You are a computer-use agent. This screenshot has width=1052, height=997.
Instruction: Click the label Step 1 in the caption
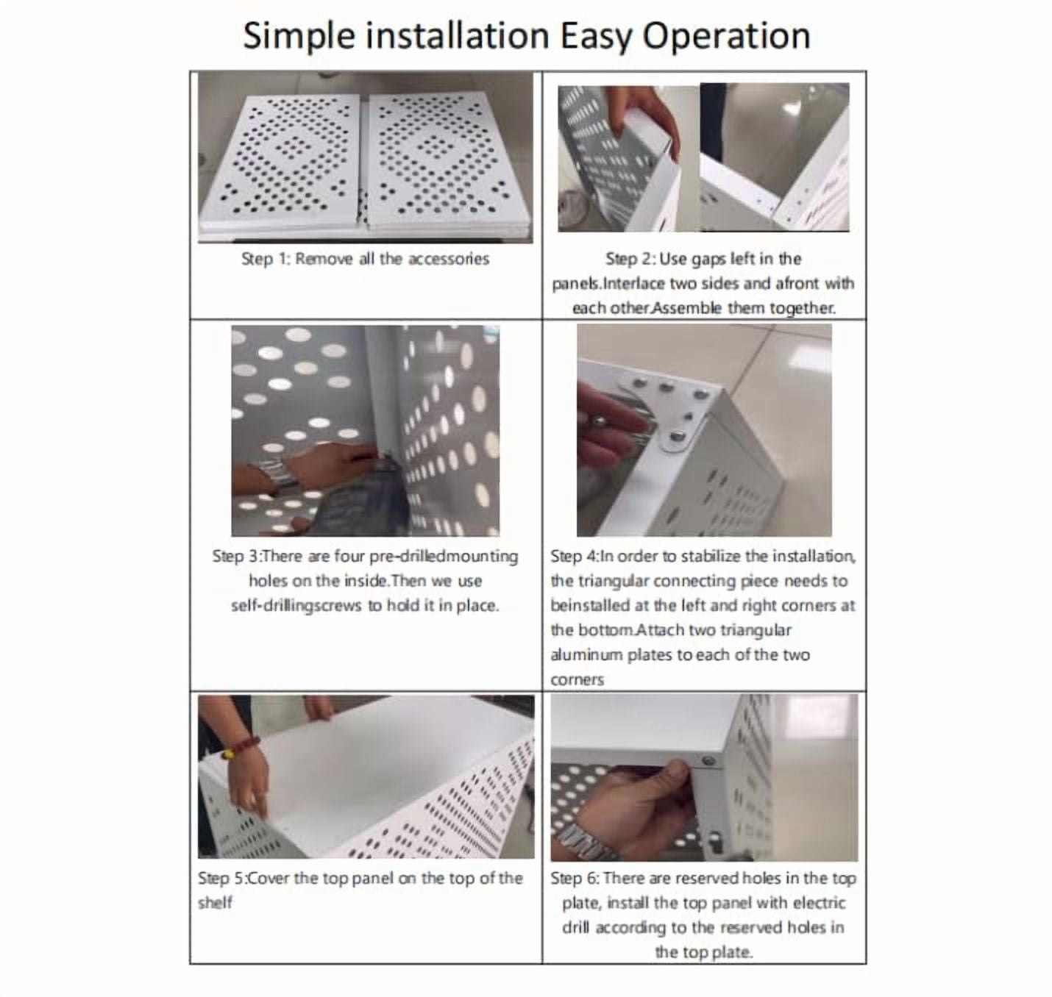point(265,259)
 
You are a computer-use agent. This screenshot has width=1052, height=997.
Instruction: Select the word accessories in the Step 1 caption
point(448,259)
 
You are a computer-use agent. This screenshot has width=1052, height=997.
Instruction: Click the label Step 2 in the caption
point(629,259)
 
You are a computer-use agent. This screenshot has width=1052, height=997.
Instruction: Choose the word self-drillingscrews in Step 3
point(296,606)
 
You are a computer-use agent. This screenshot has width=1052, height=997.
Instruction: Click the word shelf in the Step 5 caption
point(215,903)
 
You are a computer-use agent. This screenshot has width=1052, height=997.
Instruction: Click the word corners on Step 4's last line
point(577,680)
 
